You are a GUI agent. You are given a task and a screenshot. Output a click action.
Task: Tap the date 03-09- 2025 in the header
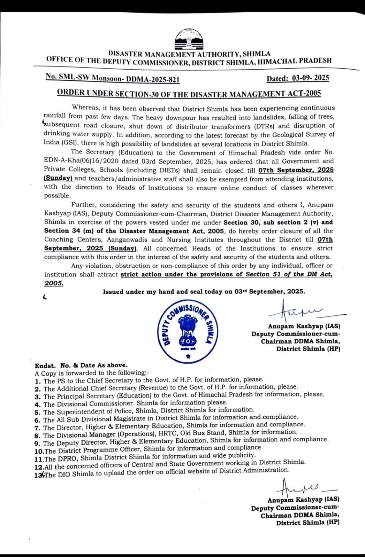tap(298, 78)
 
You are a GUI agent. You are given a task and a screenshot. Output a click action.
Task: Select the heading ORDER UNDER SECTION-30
tap(189, 93)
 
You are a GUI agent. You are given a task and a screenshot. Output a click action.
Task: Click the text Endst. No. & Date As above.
tap(81, 365)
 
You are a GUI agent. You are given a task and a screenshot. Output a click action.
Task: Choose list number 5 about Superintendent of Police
tap(38, 412)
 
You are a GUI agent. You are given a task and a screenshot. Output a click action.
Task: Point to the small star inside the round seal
tap(188, 356)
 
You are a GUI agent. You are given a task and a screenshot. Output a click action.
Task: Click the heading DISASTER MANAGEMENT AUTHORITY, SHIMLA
tap(189, 54)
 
